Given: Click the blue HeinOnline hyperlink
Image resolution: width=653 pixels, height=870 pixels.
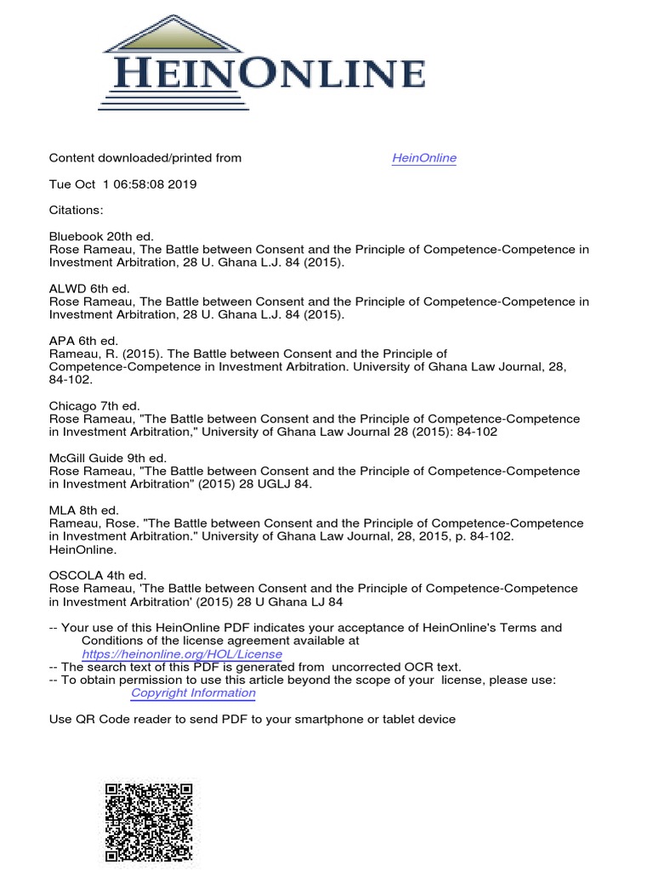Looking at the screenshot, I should point(424,158).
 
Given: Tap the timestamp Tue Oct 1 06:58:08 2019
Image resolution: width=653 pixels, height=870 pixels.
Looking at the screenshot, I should point(123,184).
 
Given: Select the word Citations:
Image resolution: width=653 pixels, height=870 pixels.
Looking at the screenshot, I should point(76,210).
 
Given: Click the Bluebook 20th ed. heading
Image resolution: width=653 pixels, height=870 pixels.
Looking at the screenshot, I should point(90,236).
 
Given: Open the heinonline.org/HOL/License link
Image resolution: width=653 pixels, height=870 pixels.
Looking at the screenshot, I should point(182,655).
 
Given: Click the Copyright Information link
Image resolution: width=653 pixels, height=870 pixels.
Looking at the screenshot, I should point(193,693).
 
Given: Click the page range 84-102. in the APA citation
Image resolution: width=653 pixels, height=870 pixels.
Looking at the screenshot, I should point(72,380).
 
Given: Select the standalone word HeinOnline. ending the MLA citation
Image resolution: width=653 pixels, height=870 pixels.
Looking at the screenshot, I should point(81,550).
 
